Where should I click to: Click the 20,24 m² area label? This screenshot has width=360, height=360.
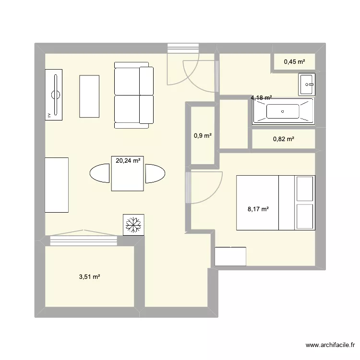pyautogui.click(x=128, y=161)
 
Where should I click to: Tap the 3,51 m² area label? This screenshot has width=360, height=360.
pyautogui.click(x=89, y=277)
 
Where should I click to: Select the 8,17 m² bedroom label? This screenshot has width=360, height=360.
pyautogui.click(x=258, y=209)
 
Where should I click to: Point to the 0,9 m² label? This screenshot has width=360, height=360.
pyautogui.click(x=203, y=136)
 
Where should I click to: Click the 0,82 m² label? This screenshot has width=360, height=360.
pyautogui.click(x=283, y=139)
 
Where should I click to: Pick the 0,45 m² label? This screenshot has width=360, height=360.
pyautogui.click(x=294, y=61)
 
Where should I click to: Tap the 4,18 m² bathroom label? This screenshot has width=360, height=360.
pyautogui.click(x=261, y=98)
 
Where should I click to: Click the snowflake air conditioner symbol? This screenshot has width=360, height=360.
pyautogui.click(x=133, y=224)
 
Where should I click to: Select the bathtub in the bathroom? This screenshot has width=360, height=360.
pyautogui.click(x=283, y=111)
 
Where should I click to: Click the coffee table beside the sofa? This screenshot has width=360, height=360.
pyautogui.click(x=89, y=96)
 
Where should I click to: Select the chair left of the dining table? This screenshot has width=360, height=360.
pyautogui.click(x=100, y=173)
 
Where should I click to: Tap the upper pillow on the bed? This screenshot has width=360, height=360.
pyautogui.click(x=305, y=189)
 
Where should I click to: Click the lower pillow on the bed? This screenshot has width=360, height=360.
pyautogui.click(x=305, y=216)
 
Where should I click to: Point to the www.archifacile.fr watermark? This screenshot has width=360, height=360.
pyautogui.click(x=329, y=345)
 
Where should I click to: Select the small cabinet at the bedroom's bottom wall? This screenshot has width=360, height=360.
pyautogui.click(x=230, y=256)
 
